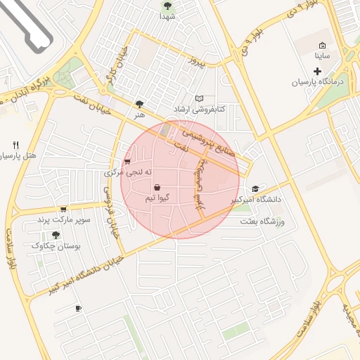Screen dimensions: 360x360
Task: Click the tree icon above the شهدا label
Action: point(167,6)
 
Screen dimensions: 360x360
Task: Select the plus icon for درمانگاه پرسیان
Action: point(317,71)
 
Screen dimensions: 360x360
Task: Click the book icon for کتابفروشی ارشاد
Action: point(199,99)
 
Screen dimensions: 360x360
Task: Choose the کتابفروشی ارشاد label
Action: point(199,110)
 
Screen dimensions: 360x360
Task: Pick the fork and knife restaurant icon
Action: point(15,145)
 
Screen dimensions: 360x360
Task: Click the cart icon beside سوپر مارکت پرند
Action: point(63,209)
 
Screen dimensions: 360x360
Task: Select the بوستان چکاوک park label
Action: point(57,246)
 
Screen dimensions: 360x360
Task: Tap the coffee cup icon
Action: point(78,308)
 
